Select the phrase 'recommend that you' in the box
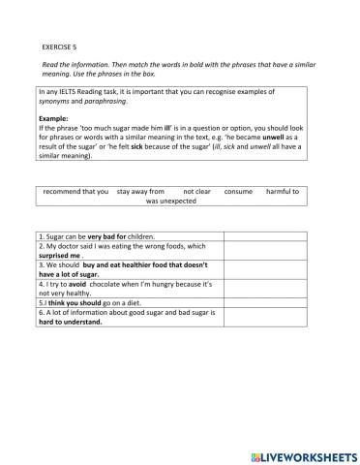coord(76,192)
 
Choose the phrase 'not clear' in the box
coord(196,192)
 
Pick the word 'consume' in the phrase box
coord(238,192)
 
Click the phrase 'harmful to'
coord(283,192)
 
